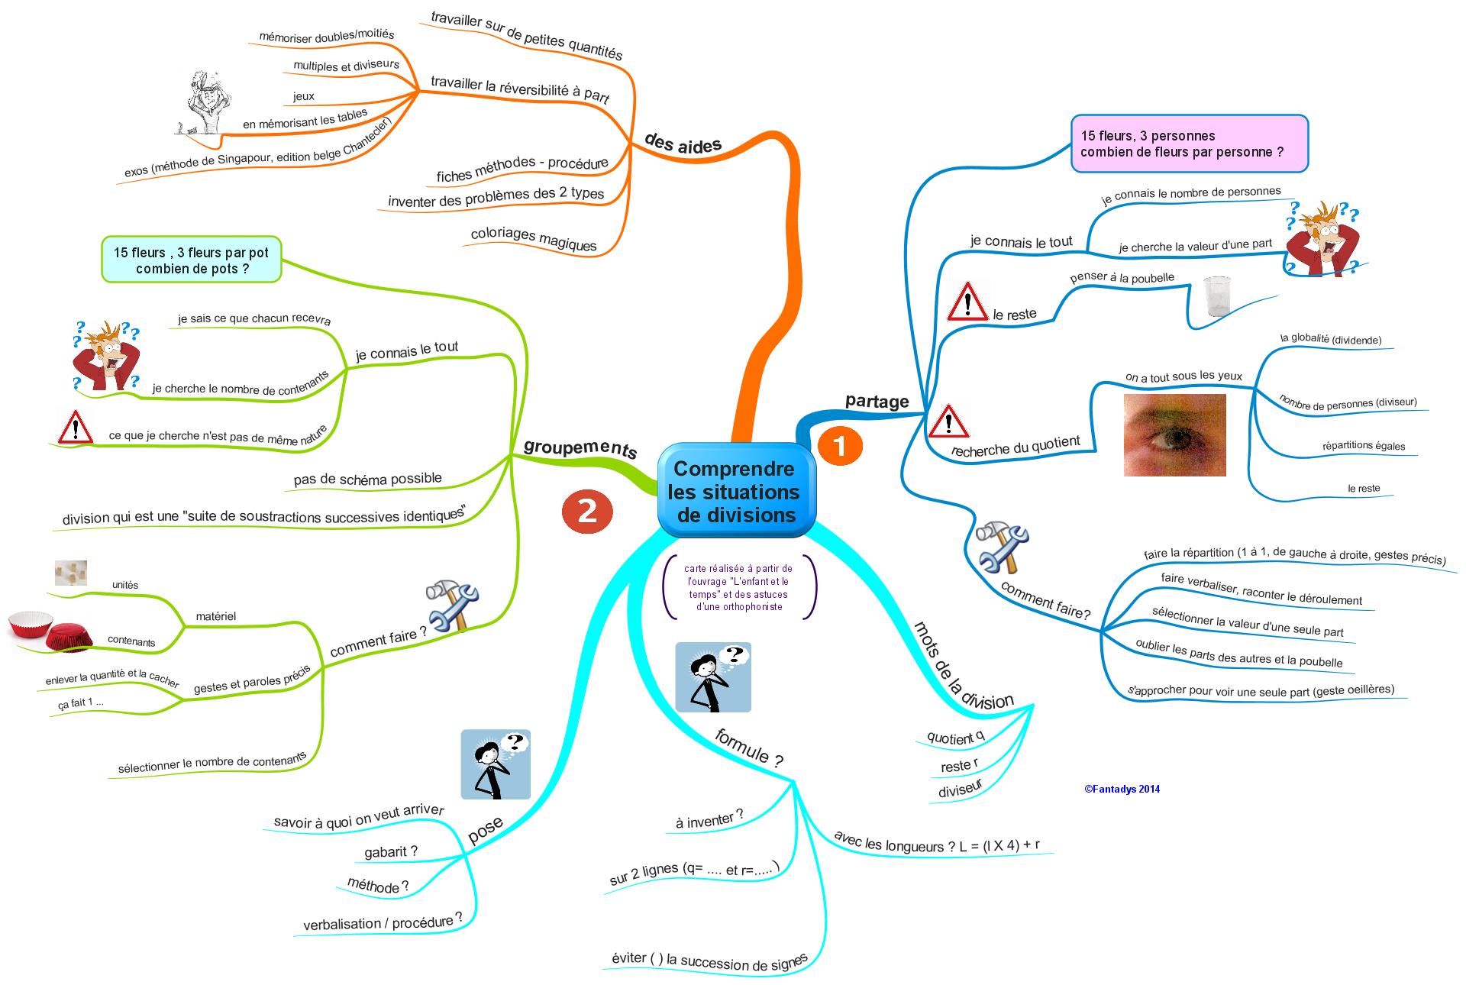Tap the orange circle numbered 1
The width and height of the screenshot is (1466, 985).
[840, 446]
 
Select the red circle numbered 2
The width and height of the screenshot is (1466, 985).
[587, 511]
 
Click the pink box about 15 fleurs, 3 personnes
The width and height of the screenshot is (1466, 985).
[1189, 144]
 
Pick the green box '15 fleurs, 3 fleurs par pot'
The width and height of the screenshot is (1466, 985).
[192, 260]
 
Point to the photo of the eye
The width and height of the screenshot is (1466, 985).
[1174, 435]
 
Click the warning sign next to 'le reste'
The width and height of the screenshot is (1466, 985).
[967, 302]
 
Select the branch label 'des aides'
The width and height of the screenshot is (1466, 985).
[683, 143]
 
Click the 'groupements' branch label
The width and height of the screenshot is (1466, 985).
[580, 448]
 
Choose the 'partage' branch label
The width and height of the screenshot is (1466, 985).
[877, 402]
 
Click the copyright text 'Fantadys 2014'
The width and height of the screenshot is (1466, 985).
[1122, 790]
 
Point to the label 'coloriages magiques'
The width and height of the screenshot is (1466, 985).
[534, 238]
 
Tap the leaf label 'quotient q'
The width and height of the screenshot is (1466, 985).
[955, 737]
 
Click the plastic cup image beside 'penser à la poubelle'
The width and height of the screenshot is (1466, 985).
[1216, 295]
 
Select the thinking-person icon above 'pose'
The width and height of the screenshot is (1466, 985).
[496, 764]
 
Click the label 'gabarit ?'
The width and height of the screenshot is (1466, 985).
[391, 851]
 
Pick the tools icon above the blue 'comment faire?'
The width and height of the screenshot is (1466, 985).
[1002, 547]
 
